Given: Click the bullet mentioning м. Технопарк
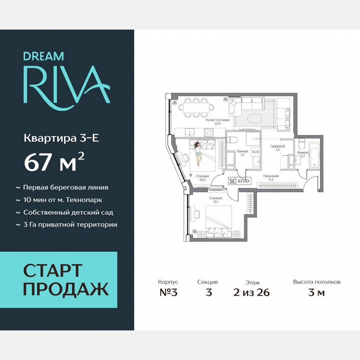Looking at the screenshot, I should pyautogui.click(x=63, y=200).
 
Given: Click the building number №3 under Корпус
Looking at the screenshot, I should pyautogui.click(x=168, y=292).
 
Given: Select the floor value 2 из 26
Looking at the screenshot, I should pyautogui.click(x=252, y=292).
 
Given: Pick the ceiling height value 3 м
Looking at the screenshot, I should pyautogui.click(x=316, y=292).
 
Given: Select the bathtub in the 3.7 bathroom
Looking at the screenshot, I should pyautogui.click(x=314, y=155).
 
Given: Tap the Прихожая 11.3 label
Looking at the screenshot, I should pyautogui.click(x=271, y=178).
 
